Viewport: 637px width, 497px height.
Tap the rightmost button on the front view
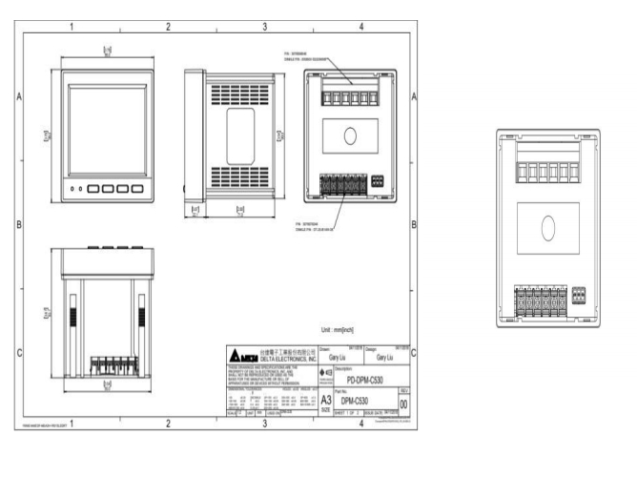click(137, 189)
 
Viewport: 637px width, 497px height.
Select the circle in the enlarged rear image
click(547, 228)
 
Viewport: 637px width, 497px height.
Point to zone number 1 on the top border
click(71, 27)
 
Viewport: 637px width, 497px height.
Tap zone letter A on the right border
click(413, 97)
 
